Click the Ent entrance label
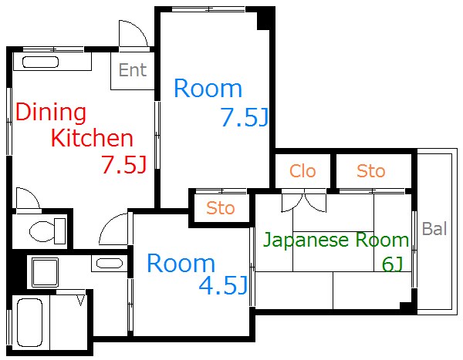(x=132, y=71)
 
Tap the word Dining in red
(x=51, y=113)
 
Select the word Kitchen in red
(x=92, y=140)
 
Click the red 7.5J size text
(x=123, y=165)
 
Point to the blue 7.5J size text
(x=243, y=118)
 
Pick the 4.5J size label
(x=222, y=287)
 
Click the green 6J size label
(x=393, y=264)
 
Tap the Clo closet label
(x=302, y=171)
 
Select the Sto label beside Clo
(x=371, y=171)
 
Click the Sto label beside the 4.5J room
(x=221, y=208)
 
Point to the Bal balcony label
(x=434, y=229)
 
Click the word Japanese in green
(x=306, y=240)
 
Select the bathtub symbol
(x=29, y=321)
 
